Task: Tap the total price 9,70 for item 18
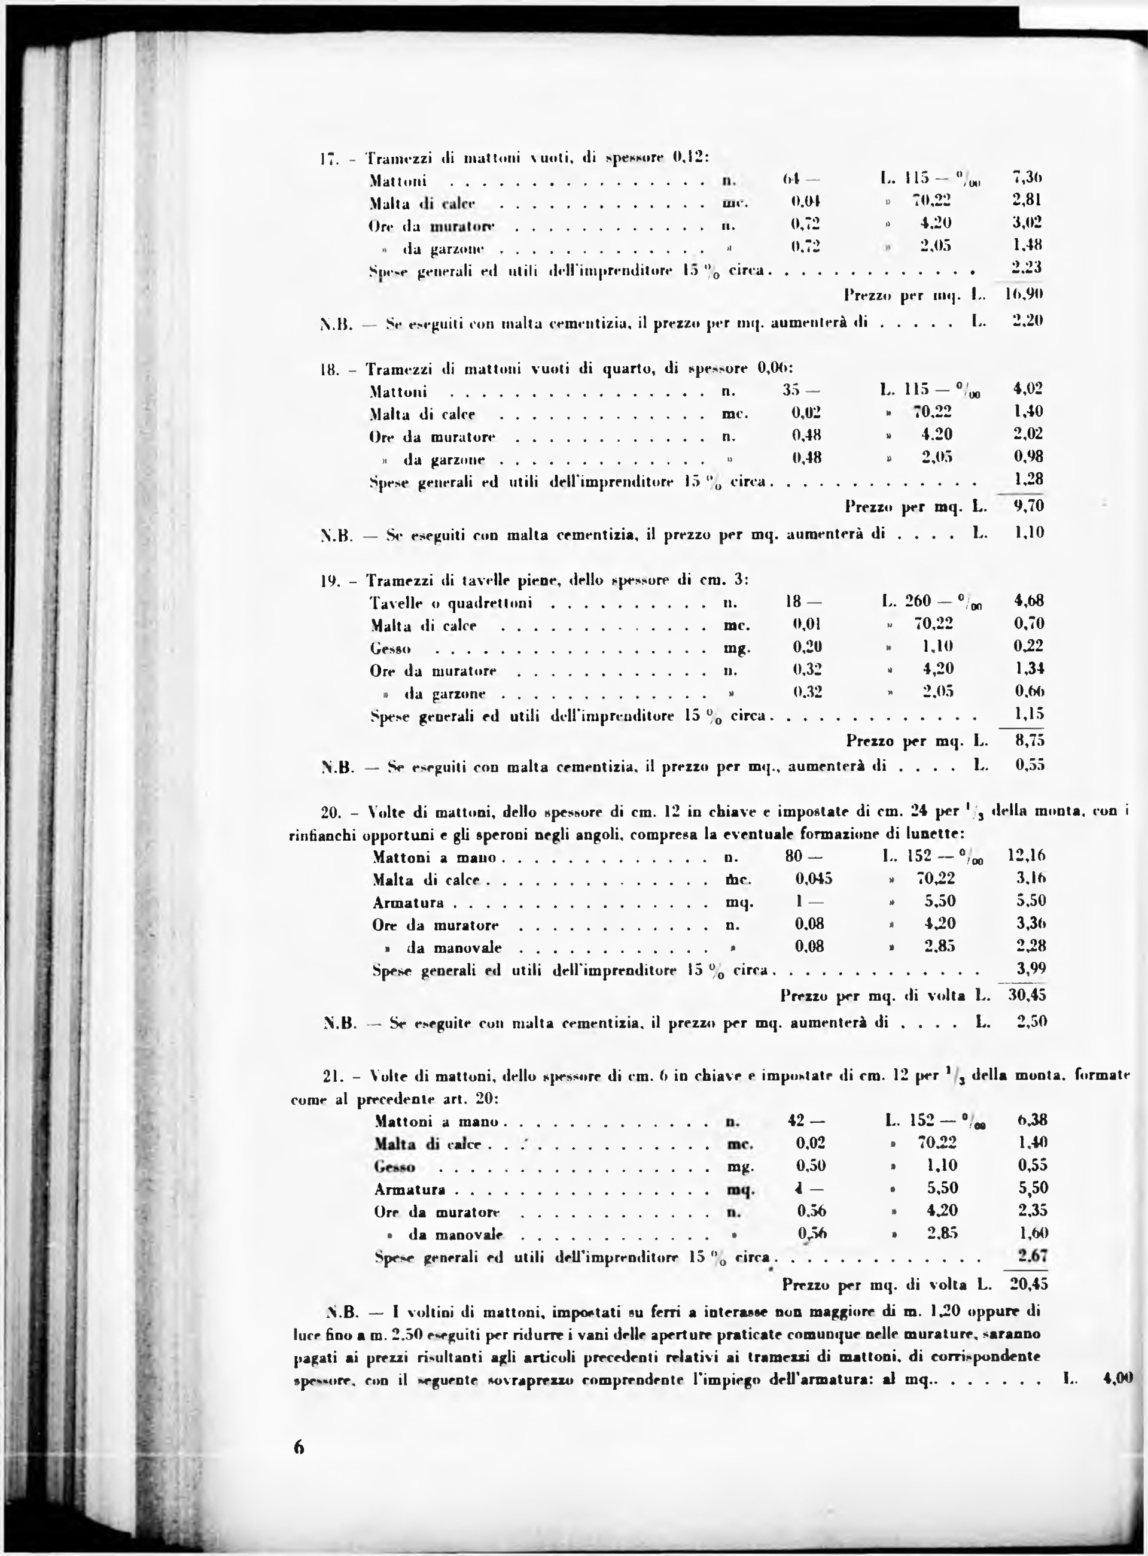coord(1028,506)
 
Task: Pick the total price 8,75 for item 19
coord(1029,741)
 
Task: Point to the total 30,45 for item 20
coord(1027,995)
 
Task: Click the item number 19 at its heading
coord(328,579)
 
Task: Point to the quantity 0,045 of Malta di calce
coord(814,879)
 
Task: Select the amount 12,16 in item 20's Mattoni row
coord(1027,855)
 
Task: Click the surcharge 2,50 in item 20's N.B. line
coord(1031,1022)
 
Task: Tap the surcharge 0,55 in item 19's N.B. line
coord(1030,767)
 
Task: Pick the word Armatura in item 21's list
coord(409,1190)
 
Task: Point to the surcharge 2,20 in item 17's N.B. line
coord(1028,322)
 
